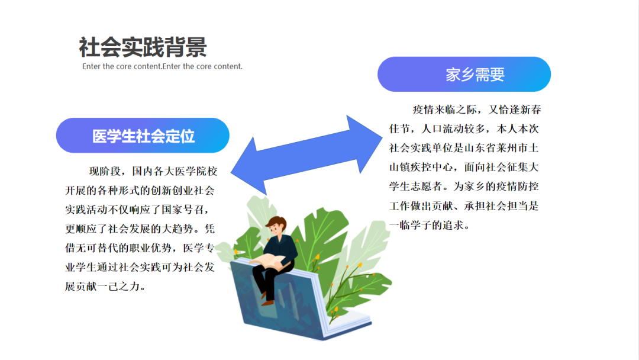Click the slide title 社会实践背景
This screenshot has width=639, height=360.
coord(143,47)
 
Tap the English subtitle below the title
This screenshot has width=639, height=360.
coord(162,66)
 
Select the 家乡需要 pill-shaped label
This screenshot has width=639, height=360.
coord(464,75)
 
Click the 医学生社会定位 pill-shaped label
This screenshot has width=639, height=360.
coord(143,136)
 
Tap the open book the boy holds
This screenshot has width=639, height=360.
coord(270,260)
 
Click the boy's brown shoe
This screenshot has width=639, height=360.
coord(268,302)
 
